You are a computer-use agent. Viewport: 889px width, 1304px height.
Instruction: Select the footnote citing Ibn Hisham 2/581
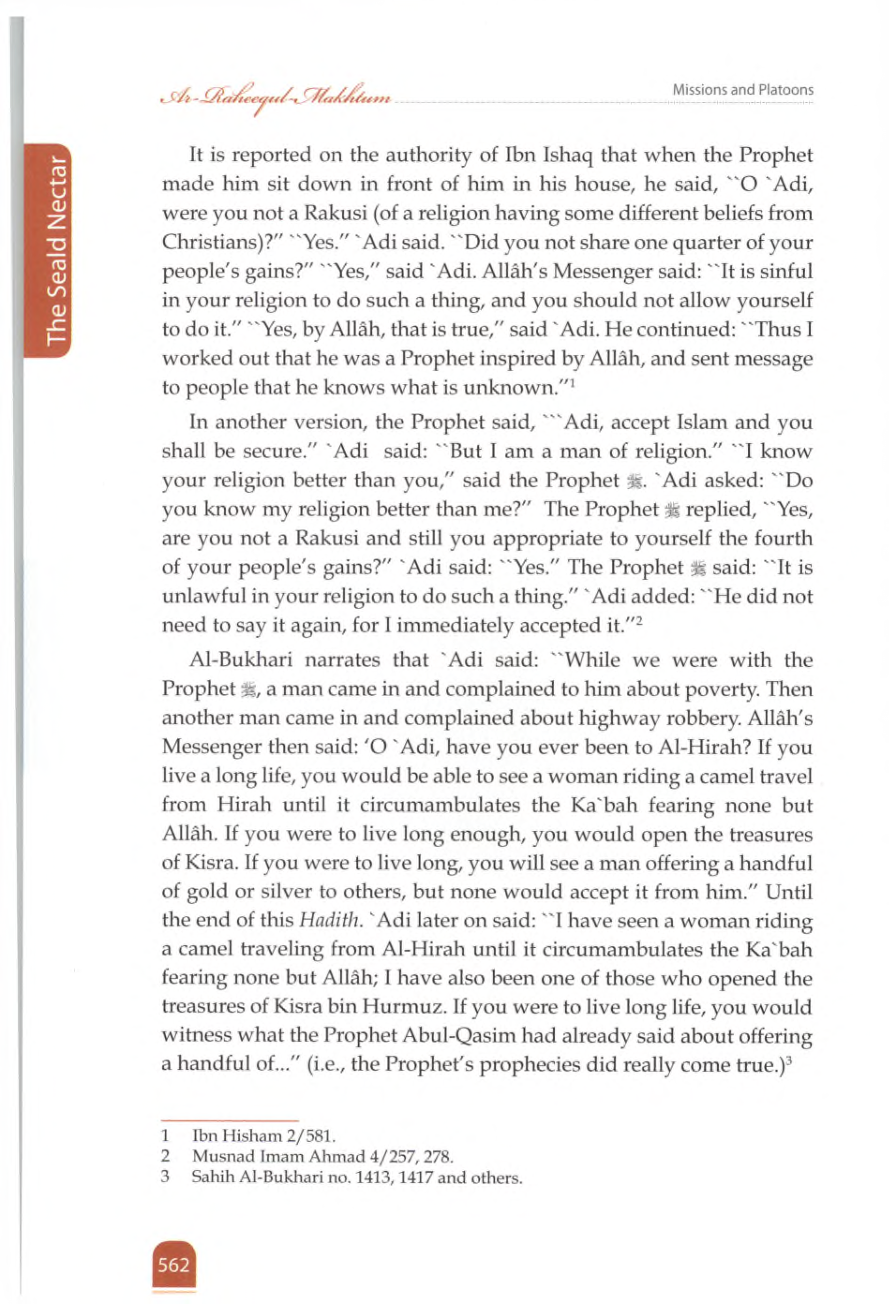tap(264, 1136)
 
